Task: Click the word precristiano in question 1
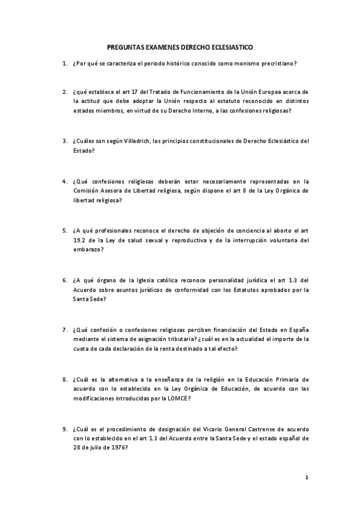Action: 279,63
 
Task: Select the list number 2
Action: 64,92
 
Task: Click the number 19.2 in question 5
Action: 78,240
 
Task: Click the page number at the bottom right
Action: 307,477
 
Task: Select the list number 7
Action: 64,329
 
